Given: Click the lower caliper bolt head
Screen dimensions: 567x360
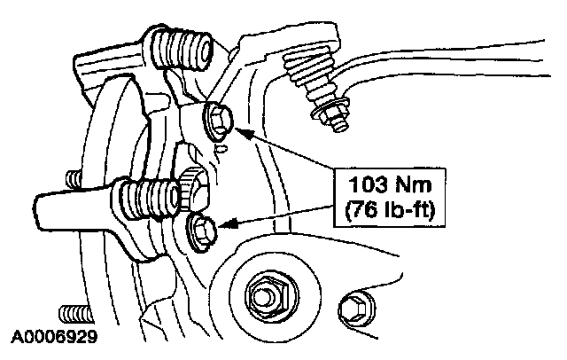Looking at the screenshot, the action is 200,229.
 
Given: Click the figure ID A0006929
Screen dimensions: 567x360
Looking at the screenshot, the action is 52,338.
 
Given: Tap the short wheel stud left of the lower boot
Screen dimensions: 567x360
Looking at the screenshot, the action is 74,181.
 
